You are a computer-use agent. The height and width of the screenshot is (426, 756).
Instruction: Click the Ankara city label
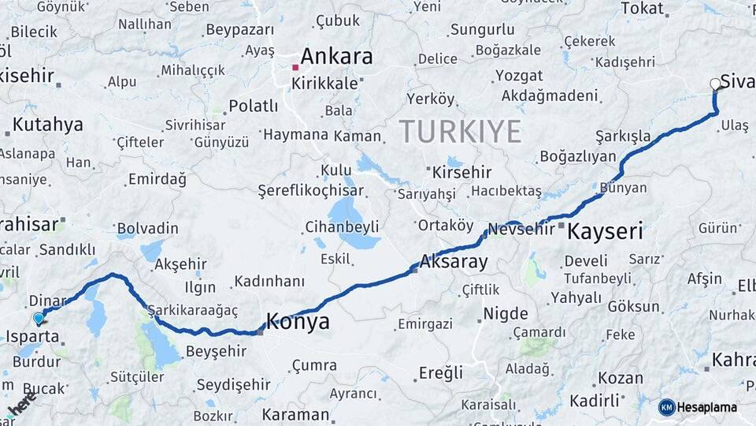click(x=336, y=57)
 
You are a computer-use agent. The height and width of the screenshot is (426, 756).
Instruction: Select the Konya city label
click(x=298, y=321)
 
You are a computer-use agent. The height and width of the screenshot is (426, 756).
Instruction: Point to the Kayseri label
click(x=605, y=231)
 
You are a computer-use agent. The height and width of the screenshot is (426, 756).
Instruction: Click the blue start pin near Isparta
click(x=39, y=319)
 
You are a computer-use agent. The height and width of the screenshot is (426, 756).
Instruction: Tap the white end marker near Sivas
click(x=715, y=84)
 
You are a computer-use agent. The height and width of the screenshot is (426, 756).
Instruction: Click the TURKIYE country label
click(x=460, y=130)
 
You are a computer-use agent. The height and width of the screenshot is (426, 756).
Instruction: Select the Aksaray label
click(x=454, y=261)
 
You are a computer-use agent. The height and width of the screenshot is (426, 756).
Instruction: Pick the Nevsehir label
click(x=521, y=230)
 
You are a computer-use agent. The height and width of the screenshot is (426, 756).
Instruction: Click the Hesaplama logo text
click(x=707, y=407)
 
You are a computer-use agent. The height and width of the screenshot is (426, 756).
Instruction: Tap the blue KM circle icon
click(x=667, y=407)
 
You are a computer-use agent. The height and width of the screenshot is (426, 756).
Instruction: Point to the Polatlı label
click(x=253, y=106)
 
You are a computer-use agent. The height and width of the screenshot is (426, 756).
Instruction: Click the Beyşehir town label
click(x=216, y=351)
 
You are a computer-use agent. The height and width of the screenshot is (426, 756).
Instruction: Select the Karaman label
click(x=295, y=414)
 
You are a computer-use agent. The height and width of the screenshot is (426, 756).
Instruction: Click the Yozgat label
click(x=519, y=76)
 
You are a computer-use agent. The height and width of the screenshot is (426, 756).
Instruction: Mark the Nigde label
click(x=505, y=313)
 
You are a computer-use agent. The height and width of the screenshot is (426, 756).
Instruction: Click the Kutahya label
click(x=47, y=124)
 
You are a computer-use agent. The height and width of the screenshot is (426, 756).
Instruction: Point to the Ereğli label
click(x=440, y=373)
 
